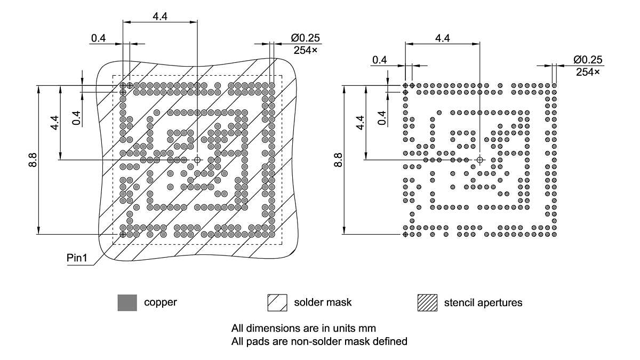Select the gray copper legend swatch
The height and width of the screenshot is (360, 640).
(127, 302)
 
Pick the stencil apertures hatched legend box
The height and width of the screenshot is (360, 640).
(427, 302)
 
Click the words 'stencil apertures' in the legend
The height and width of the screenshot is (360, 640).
(483, 303)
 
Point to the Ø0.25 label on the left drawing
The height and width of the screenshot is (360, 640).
(305, 38)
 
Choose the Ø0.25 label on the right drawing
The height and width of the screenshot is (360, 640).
(588, 60)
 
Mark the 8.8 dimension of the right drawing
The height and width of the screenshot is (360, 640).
(337, 159)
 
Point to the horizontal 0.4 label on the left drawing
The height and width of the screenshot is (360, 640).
(98, 38)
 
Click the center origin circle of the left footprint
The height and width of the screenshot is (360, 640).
(197, 159)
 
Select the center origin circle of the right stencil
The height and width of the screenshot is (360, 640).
(480, 159)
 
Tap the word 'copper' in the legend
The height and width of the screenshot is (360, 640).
(160, 302)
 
